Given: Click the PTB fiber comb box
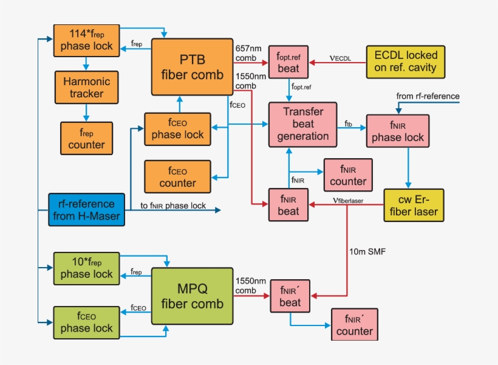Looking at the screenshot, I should click(x=193, y=67).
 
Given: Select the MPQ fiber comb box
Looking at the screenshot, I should click(x=193, y=296).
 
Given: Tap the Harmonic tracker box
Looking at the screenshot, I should click(x=86, y=87).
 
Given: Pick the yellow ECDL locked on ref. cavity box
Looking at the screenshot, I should click(x=405, y=61).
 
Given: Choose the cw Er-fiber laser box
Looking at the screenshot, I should click(x=414, y=205).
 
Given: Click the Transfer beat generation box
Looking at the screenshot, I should click(x=302, y=124).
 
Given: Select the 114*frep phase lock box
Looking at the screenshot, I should click(x=86, y=40).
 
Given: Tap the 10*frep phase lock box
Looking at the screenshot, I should click(x=86, y=268).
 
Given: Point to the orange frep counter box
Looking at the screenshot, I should click(x=86, y=138).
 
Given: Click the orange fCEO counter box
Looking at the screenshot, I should click(x=177, y=176).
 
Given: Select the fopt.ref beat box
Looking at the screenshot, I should click(x=288, y=62).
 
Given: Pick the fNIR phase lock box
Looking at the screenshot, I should click(x=398, y=131).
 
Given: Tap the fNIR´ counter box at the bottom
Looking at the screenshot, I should click(x=354, y=324).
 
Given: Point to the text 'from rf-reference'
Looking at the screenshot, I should click(x=428, y=96).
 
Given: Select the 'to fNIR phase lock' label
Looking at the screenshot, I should click(x=173, y=206).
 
